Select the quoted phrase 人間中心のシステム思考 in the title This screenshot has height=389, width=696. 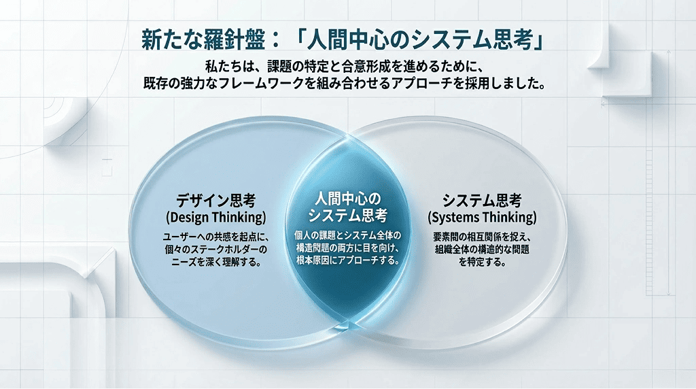[417, 39]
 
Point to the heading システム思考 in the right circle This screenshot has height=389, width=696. [482, 201]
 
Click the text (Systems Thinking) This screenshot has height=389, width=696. [482, 218]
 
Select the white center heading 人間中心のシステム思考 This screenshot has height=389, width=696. [347, 207]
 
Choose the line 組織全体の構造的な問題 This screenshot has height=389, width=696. [482, 250]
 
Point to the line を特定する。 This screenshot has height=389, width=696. [482, 263]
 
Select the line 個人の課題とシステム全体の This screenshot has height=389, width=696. [347, 235]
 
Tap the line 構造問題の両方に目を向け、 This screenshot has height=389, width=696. [347, 248]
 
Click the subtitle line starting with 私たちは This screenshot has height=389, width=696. [347, 67]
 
